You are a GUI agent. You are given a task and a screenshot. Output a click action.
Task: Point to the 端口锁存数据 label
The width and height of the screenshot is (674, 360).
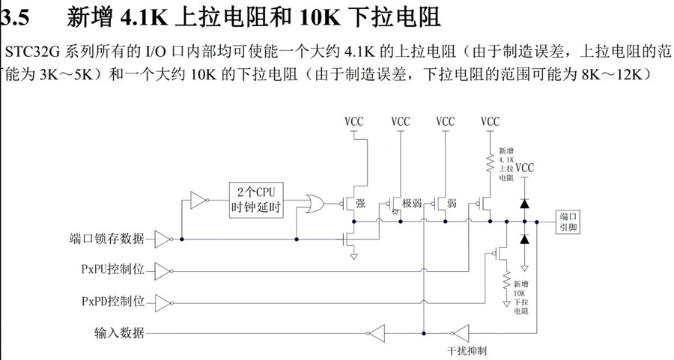pyautogui.click(x=103, y=240)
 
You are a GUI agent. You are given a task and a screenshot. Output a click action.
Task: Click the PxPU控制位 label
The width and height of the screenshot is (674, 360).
pyautogui.click(x=112, y=269)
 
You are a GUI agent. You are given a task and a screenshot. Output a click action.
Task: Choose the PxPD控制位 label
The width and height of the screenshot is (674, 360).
pyautogui.click(x=112, y=302)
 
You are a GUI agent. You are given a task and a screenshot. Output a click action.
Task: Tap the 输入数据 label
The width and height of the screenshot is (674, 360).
pyautogui.click(x=119, y=333)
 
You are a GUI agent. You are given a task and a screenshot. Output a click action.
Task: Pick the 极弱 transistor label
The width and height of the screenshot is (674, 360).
pyautogui.click(x=412, y=204)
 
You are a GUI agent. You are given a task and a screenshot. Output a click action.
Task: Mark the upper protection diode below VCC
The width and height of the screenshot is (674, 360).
pyautogui.click(x=525, y=203)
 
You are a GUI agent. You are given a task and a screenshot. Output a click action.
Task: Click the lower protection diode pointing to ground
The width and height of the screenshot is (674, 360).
pyautogui.click(x=525, y=239)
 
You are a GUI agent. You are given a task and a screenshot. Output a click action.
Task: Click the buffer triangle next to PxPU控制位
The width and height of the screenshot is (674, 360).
pyautogui.click(x=163, y=269)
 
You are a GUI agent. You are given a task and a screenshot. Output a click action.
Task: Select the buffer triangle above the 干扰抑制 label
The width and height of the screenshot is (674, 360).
pyautogui.click(x=459, y=333)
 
